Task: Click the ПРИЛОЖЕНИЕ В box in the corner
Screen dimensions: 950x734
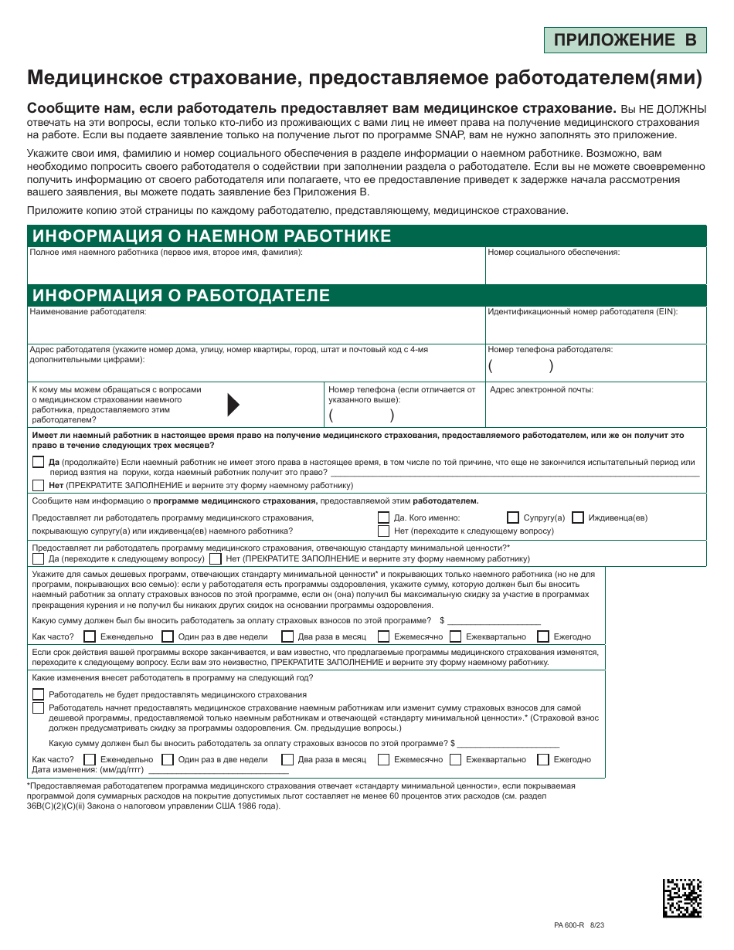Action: click(624, 39)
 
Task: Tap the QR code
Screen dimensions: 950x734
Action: click(682, 897)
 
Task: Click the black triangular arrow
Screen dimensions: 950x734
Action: click(233, 404)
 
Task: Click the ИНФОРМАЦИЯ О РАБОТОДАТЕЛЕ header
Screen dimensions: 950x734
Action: click(180, 295)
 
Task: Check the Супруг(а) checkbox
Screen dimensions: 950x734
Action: click(513, 517)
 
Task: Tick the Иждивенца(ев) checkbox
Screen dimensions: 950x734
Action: click(578, 517)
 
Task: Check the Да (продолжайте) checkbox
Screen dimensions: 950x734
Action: click(38, 462)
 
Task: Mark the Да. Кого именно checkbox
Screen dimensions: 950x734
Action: click(383, 517)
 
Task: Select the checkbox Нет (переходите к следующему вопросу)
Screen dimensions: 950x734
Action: click(383, 531)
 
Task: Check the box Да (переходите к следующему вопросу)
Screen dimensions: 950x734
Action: click(38, 558)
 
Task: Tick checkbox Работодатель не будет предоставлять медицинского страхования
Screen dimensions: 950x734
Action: click(38, 694)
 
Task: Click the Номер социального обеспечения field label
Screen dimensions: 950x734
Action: click(553, 253)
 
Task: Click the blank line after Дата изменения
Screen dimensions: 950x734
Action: click(218, 771)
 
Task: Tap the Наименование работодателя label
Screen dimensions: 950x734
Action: click(87, 312)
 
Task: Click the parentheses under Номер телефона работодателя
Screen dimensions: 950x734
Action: click(521, 366)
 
